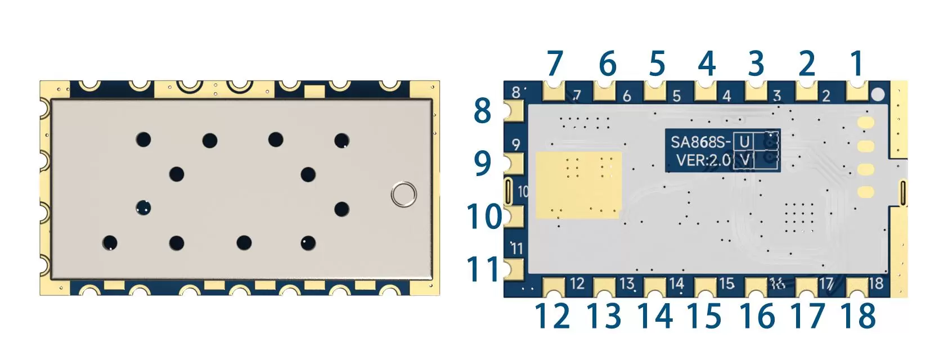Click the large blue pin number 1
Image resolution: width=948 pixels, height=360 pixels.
pos(856,64)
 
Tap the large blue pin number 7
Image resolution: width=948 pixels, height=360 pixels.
pos(555,64)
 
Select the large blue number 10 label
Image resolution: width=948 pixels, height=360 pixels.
pos(484,217)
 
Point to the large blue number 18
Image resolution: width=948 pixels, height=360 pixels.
pos(858,316)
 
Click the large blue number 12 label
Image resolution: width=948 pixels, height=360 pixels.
pos(552,316)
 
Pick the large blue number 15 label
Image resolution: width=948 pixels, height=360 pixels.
pos(704,316)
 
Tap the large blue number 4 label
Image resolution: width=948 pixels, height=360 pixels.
pos(707,64)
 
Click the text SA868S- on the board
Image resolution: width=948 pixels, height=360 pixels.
pos(700,141)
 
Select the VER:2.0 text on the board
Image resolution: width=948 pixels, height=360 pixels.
pos(703,160)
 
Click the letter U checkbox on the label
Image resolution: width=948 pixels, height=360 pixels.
pos(744,141)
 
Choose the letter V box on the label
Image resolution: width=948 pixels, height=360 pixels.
pos(744,160)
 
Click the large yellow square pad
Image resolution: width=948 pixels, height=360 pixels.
pos(578,184)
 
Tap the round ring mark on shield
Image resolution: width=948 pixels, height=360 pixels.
pos(403,194)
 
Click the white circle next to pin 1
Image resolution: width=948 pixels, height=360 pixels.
pos(878,94)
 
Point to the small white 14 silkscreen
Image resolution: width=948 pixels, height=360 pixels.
pos(677,283)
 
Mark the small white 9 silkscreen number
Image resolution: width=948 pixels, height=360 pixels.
pos(516,145)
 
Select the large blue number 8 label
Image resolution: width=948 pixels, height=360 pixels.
pos(482,111)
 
